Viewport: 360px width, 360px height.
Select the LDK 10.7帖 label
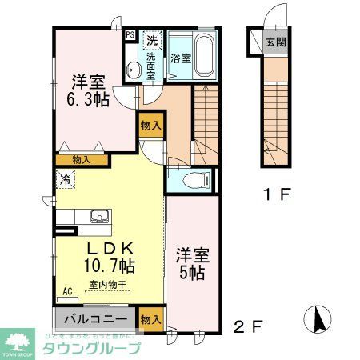point(109,254)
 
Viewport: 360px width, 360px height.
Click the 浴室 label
point(180,58)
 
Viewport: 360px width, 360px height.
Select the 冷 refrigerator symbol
point(63,180)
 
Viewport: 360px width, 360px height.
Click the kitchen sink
point(101,215)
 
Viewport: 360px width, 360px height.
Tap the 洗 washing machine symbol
point(150,39)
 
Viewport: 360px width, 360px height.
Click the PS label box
point(130,34)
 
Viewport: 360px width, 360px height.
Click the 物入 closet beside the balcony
point(150,318)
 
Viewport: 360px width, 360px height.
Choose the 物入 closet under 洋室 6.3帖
point(81,160)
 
